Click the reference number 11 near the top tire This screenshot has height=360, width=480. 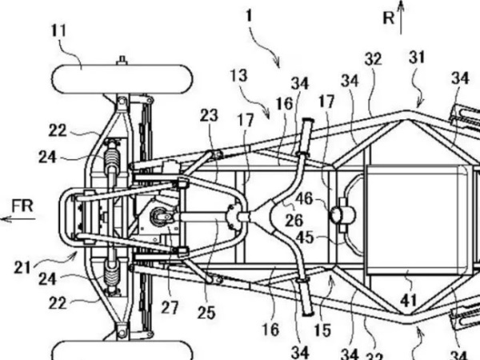tap(59, 31)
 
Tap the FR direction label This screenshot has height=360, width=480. tap(22, 206)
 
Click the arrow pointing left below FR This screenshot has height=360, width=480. tap(18, 219)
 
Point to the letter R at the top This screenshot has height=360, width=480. tap(389, 18)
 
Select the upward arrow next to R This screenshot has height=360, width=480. tap(401, 17)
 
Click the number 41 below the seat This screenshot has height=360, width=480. tap(408, 300)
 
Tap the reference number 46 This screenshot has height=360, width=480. tap(304, 199)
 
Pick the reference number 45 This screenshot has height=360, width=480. tap(306, 238)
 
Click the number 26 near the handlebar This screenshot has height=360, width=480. tap(294, 220)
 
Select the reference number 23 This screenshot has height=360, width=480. tap(209, 115)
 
